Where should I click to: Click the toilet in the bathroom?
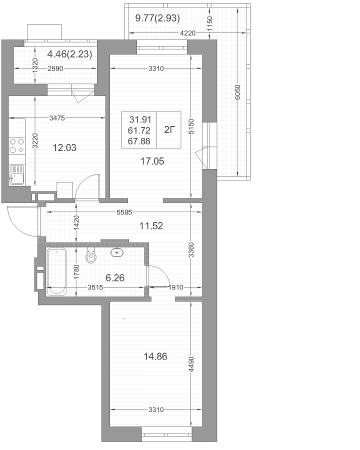pyautogui.click(x=91, y=254)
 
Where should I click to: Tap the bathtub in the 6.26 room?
pyautogui.click(x=56, y=271)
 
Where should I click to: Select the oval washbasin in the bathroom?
pyautogui.click(x=117, y=252)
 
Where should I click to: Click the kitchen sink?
pyautogui.click(x=16, y=175)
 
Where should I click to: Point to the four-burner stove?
pyautogui.click(x=16, y=146)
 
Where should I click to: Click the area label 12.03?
pyautogui.click(x=64, y=148)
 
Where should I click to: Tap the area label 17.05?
pyautogui.click(x=152, y=161)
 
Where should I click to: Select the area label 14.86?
pyautogui.click(x=155, y=356)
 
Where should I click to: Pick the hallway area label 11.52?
pyautogui.click(x=151, y=226)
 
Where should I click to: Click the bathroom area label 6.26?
pyautogui.click(x=115, y=278)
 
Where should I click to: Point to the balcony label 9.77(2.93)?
pyautogui.click(x=157, y=18)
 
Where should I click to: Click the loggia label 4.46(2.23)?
pyautogui.click(x=70, y=54)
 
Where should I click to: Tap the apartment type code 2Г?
pyautogui.click(x=169, y=130)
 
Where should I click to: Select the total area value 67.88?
pyautogui.click(x=139, y=141)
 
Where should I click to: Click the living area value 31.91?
pyautogui.click(x=140, y=119)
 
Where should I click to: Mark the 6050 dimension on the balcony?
pyautogui.click(x=237, y=92)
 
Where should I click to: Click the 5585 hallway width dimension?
pyautogui.click(x=124, y=212)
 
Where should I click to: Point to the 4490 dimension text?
pyautogui.click(x=191, y=364)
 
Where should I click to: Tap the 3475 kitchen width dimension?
pyautogui.click(x=57, y=118)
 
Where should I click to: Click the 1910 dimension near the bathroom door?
pyautogui.click(x=175, y=287)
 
